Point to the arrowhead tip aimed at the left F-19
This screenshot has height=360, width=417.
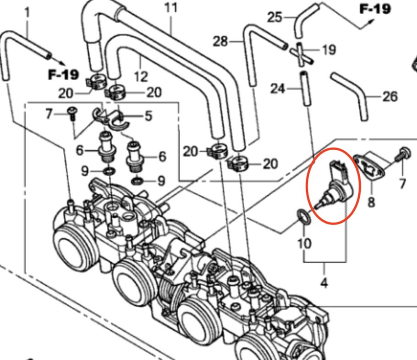pyautogui.click(x=66, y=65)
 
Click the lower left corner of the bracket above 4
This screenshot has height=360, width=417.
pyautogui.click(x=304, y=262)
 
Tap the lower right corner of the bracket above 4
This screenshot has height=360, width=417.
pyautogui.click(x=346, y=262)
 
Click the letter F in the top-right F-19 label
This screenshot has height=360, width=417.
pyautogui.click(x=364, y=9)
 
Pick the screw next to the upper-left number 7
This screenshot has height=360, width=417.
pyautogui.click(x=72, y=113)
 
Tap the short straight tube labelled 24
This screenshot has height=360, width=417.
pyautogui.click(x=306, y=89)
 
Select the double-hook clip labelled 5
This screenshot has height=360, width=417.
pyautogui.click(x=110, y=119)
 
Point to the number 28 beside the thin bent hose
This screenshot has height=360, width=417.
pyautogui.click(x=220, y=42)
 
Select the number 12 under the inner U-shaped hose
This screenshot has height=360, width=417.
pyautogui.click(x=141, y=77)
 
